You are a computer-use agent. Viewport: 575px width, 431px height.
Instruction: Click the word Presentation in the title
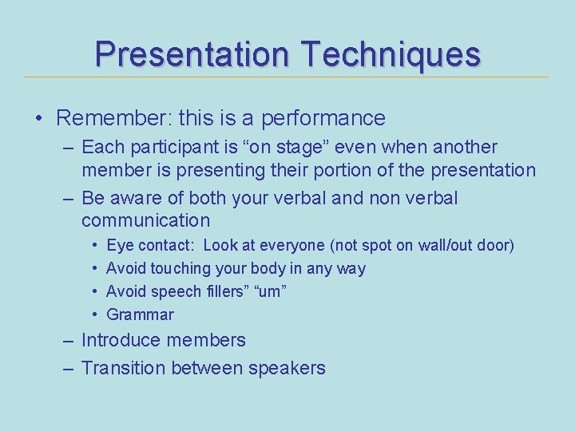coord(192,55)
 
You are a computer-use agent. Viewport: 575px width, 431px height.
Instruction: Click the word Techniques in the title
coord(391,55)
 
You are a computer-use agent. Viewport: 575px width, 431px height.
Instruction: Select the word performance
coord(323,119)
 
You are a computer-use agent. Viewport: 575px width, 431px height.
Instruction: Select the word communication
coord(146,220)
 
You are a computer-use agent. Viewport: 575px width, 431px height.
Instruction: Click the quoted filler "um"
coord(269,291)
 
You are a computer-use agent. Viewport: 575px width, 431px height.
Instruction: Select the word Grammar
coord(140,314)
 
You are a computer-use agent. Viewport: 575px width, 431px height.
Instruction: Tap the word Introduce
coord(121,341)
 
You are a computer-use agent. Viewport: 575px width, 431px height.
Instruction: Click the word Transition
coord(123,368)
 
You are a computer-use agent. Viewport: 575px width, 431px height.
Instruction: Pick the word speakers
coord(287,368)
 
